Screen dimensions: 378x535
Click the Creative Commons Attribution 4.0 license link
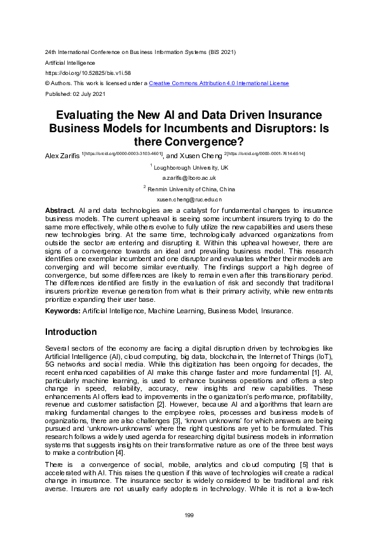219,83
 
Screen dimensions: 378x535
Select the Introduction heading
71,332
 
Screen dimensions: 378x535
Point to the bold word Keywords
62,311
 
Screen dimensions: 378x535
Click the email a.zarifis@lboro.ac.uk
189,178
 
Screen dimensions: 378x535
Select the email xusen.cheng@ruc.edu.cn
189,199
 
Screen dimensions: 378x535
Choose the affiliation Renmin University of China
191,189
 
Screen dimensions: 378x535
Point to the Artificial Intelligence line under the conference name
70,63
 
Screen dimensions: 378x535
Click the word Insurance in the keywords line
274,311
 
